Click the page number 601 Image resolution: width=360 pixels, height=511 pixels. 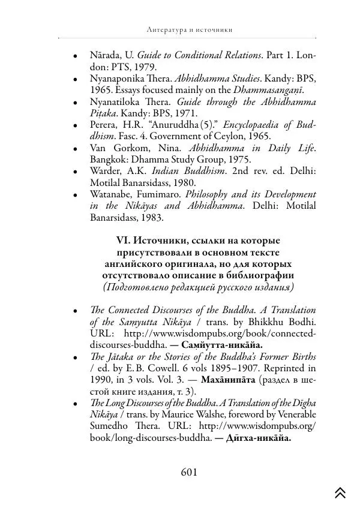pos(189,472)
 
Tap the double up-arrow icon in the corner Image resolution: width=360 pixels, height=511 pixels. pos(340,492)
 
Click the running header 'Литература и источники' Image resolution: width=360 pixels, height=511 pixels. pos(189,29)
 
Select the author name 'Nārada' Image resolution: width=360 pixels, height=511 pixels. pos(103,55)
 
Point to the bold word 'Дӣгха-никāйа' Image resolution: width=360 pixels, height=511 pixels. pos(257,438)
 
